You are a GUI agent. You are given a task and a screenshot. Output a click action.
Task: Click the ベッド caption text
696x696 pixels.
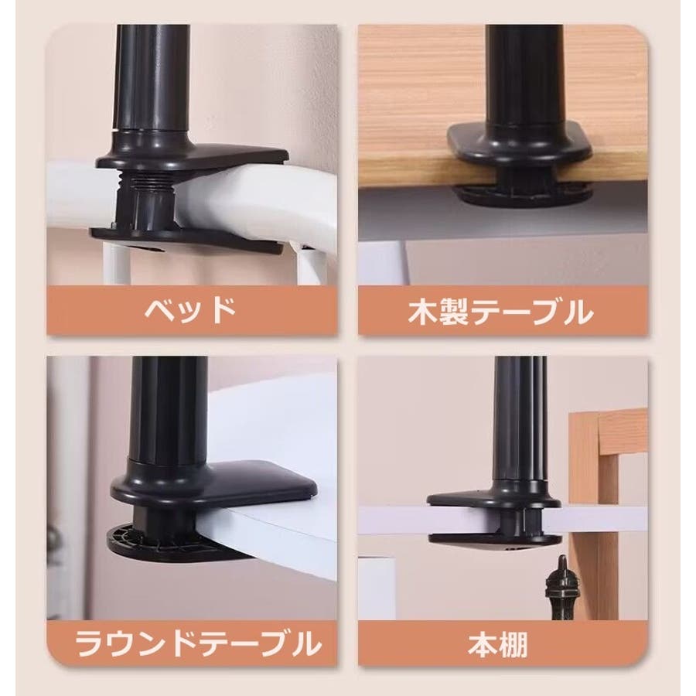click(x=190, y=310)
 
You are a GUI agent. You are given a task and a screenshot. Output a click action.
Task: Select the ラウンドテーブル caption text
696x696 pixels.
click(x=198, y=643)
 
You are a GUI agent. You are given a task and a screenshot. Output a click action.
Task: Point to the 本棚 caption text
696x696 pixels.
click(x=498, y=644)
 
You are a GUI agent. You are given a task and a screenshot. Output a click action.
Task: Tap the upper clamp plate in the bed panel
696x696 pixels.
click(x=192, y=156)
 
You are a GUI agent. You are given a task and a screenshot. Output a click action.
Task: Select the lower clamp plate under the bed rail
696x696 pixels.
click(x=186, y=241)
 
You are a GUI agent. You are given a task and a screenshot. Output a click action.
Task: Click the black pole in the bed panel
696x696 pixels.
click(x=152, y=77)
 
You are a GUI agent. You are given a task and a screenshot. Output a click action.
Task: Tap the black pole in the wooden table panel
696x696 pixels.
click(x=524, y=76)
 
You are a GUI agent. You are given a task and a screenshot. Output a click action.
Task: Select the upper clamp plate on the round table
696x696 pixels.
click(x=214, y=485)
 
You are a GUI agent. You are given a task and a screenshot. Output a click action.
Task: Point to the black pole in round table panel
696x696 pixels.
click(x=169, y=408)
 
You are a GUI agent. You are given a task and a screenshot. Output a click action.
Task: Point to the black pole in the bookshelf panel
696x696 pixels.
click(x=520, y=421)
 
